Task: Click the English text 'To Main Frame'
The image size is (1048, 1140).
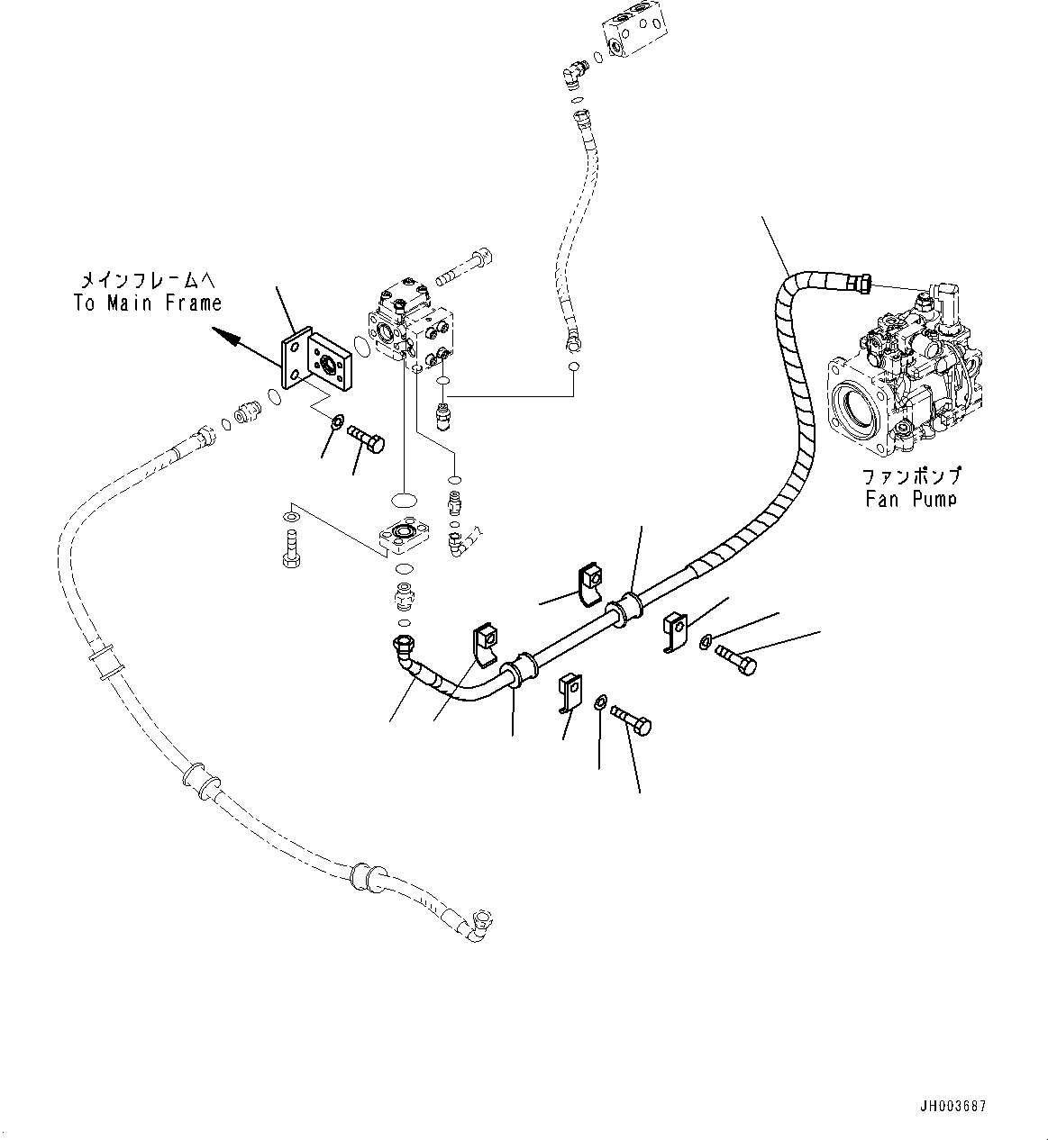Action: coord(148,303)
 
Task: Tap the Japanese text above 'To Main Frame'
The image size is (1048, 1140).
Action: coord(150,278)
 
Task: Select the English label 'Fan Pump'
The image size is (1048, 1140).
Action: coord(911,498)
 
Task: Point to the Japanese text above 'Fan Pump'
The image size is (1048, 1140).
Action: coord(911,475)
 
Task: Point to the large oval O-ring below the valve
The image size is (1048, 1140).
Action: coord(403,499)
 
